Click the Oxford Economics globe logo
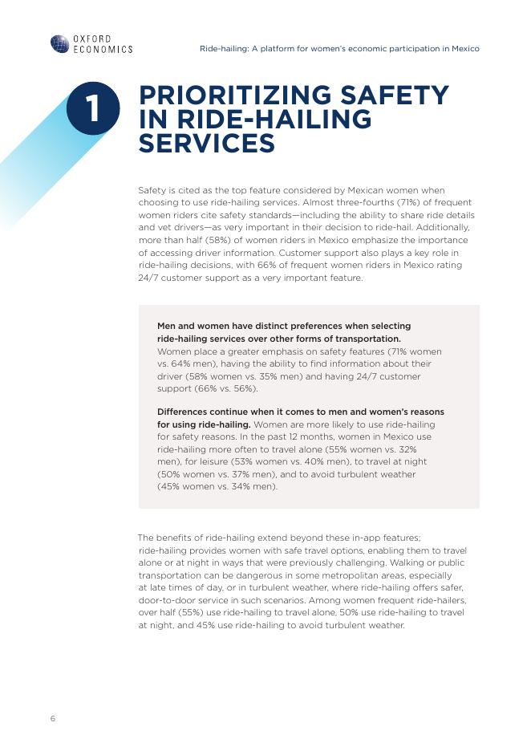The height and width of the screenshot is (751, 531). click(60, 43)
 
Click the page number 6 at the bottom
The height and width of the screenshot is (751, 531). click(53, 718)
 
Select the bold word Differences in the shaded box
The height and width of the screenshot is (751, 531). click(187, 412)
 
